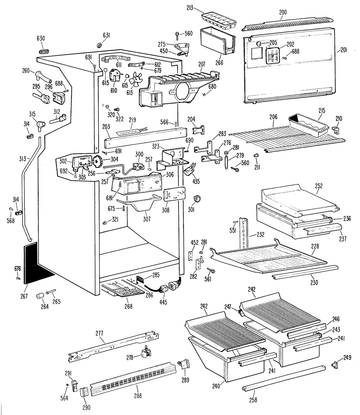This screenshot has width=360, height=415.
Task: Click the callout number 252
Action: pyautogui.click(x=319, y=186)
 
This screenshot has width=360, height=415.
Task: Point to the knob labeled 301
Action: pyautogui.click(x=197, y=198)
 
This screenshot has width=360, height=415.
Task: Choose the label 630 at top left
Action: pyautogui.click(x=41, y=39)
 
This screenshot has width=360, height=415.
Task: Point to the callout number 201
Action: pyautogui.click(x=343, y=50)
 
